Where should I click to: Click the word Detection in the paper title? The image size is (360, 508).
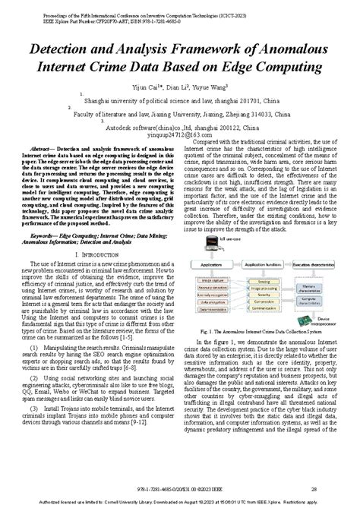(x=62, y=49)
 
